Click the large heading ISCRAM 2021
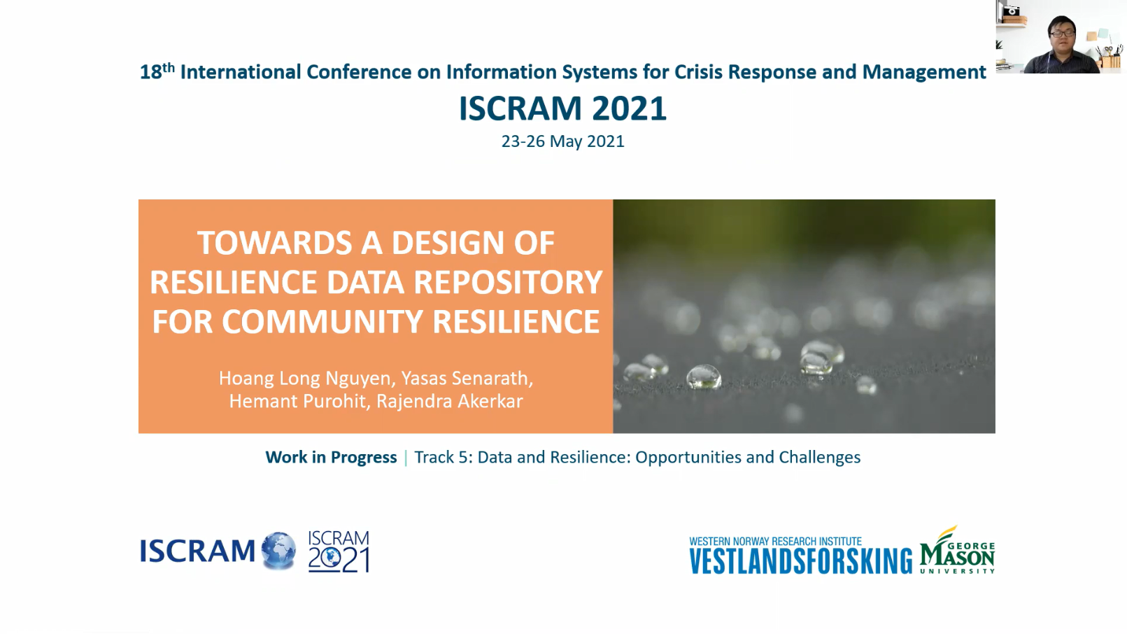pyautogui.click(x=562, y=108)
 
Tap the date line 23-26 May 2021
pyautogui.click(x=562, y=141)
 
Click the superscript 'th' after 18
pyautogui.click(x=169, y=67)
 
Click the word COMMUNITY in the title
pyautogui.click(x=322, y=321)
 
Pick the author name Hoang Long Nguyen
pyautogui.click(x=304, y=379)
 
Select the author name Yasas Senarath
pyautogui.click(x=467, y=379)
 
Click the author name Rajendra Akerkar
pyautogui.click(x=450, y=402)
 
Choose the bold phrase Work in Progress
pyautogui.click(x=331, y=458)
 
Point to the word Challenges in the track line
pyautogui.click(x=820, y=458)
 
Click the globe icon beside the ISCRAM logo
pyautogui.click(x=278, y=551)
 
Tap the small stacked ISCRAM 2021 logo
pyautogui.click(x=339, y=551)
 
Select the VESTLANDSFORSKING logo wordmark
pyautogui.click(x=800, y=561)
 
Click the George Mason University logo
pyautogui.click(x=957, y=550)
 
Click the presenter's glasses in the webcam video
pyautogui.click(x=1062, y=34)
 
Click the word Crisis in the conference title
pyautogui.click(x=698, y=72)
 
